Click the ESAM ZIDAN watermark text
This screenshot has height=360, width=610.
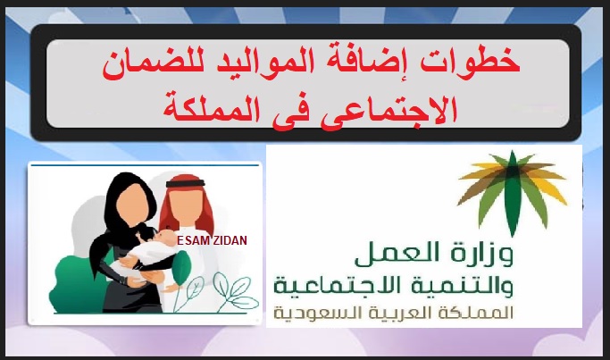(212, 240)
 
